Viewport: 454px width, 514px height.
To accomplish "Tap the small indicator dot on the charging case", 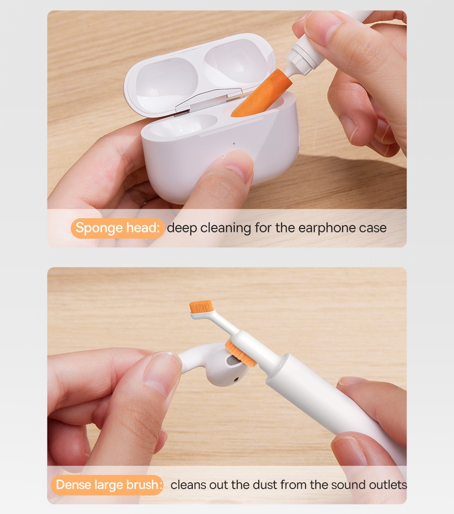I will point(234,144).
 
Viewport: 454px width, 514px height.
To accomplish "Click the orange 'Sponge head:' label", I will point(117,228).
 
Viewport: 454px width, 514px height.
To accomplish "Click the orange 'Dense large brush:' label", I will point(107,485).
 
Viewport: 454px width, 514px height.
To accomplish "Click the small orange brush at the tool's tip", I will point(201,307).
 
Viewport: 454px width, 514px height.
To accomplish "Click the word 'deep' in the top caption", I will point(182,228).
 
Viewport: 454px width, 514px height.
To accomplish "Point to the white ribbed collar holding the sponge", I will point(297,61).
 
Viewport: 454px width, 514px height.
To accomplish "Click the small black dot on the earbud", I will point(237,378).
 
